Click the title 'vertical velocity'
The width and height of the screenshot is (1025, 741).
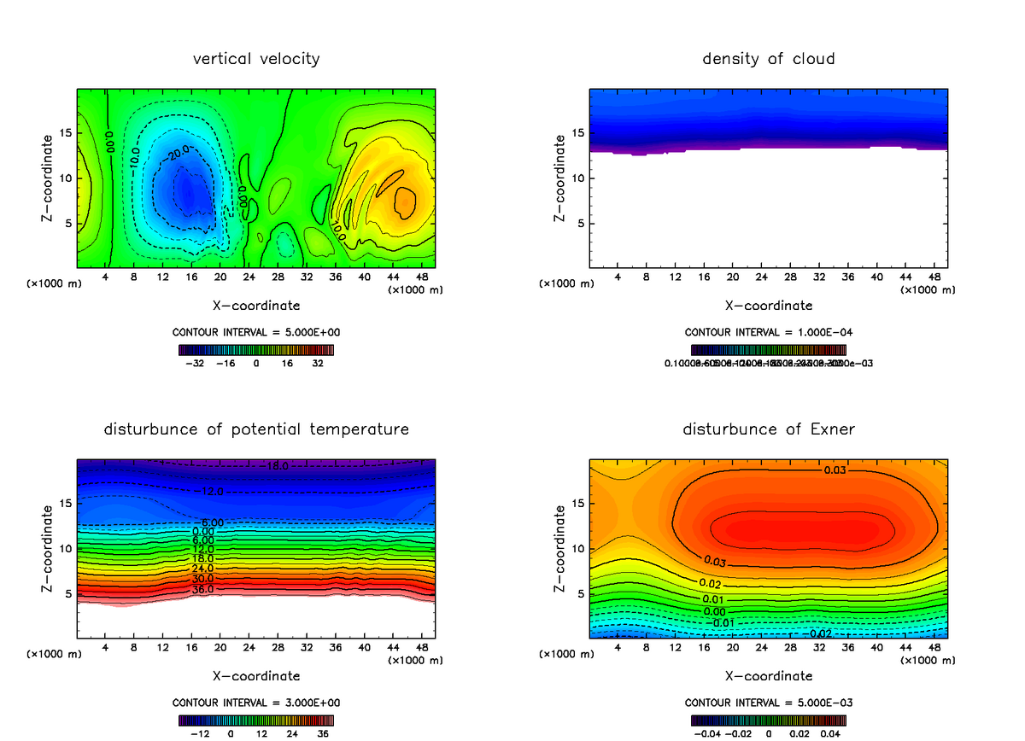tap(256, 59)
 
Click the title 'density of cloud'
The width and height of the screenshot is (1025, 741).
tap(769, 59)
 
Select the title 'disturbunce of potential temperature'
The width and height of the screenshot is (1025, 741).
tap(256, 429)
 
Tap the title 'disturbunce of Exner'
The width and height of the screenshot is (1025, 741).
tap(769, 429)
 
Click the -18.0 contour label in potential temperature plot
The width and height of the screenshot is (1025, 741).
tap(277, 466)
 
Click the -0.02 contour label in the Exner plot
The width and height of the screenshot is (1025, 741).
tap(821, 633)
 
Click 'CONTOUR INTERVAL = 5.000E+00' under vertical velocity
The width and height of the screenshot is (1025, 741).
tap(256, 332)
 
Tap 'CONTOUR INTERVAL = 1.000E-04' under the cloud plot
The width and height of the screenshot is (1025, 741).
tap(769, 332)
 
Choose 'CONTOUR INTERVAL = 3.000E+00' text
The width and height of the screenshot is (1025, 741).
tap(256, 703)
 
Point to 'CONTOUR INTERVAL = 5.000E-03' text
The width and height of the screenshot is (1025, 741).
tap(769, 703)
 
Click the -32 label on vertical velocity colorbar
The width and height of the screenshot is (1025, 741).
tap(197, 363)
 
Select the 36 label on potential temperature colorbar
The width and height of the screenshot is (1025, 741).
tap(323, 732)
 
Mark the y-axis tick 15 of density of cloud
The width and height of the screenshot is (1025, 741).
tap(578, 133)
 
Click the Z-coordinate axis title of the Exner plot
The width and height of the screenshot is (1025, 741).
tap(560, 548)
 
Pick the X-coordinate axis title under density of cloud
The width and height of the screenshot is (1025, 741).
tap(769, 305)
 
